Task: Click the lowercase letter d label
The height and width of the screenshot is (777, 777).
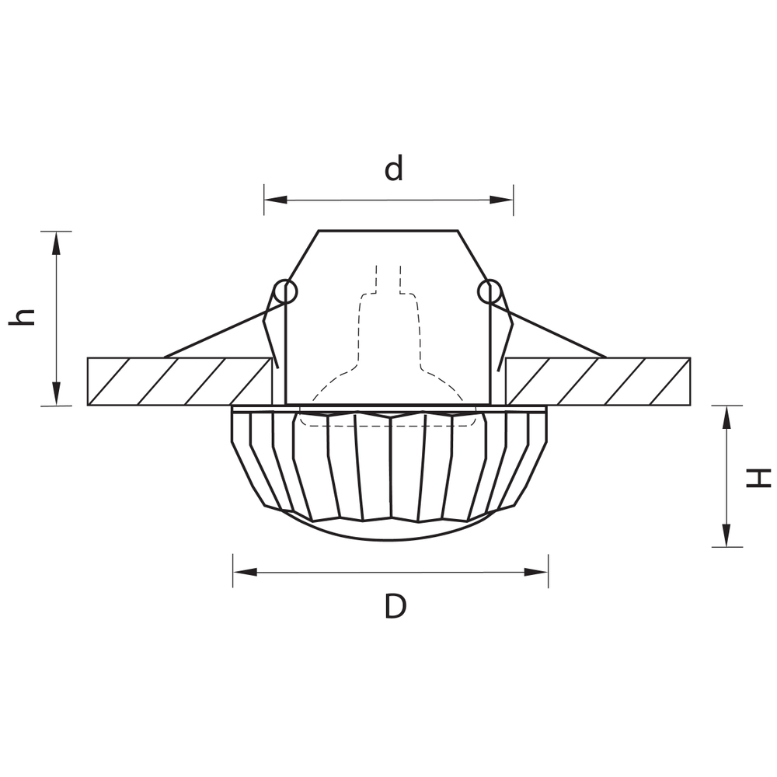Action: (x=395, y=168)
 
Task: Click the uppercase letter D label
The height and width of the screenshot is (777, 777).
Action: (x=395, y=605)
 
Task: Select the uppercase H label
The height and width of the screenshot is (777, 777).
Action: (x=758, y=477)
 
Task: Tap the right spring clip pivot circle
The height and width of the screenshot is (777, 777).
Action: (x=489, y=291)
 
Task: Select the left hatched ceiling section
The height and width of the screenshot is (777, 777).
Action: (x=179, y=382)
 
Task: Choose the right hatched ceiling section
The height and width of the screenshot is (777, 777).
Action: (x=598, y=382)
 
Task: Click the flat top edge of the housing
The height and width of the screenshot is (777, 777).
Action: (x=388, y=231)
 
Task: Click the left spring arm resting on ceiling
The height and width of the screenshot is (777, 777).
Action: (x=218, y=334)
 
